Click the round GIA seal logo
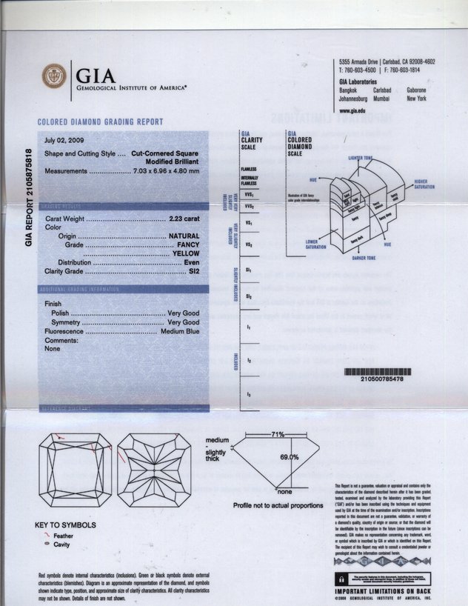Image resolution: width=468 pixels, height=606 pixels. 53,76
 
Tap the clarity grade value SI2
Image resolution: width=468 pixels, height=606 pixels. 193,272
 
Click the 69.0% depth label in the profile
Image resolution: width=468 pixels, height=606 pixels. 289,457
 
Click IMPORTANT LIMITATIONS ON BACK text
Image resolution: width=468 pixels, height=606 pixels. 381,590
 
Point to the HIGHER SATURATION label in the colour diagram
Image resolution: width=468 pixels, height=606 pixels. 425,184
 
